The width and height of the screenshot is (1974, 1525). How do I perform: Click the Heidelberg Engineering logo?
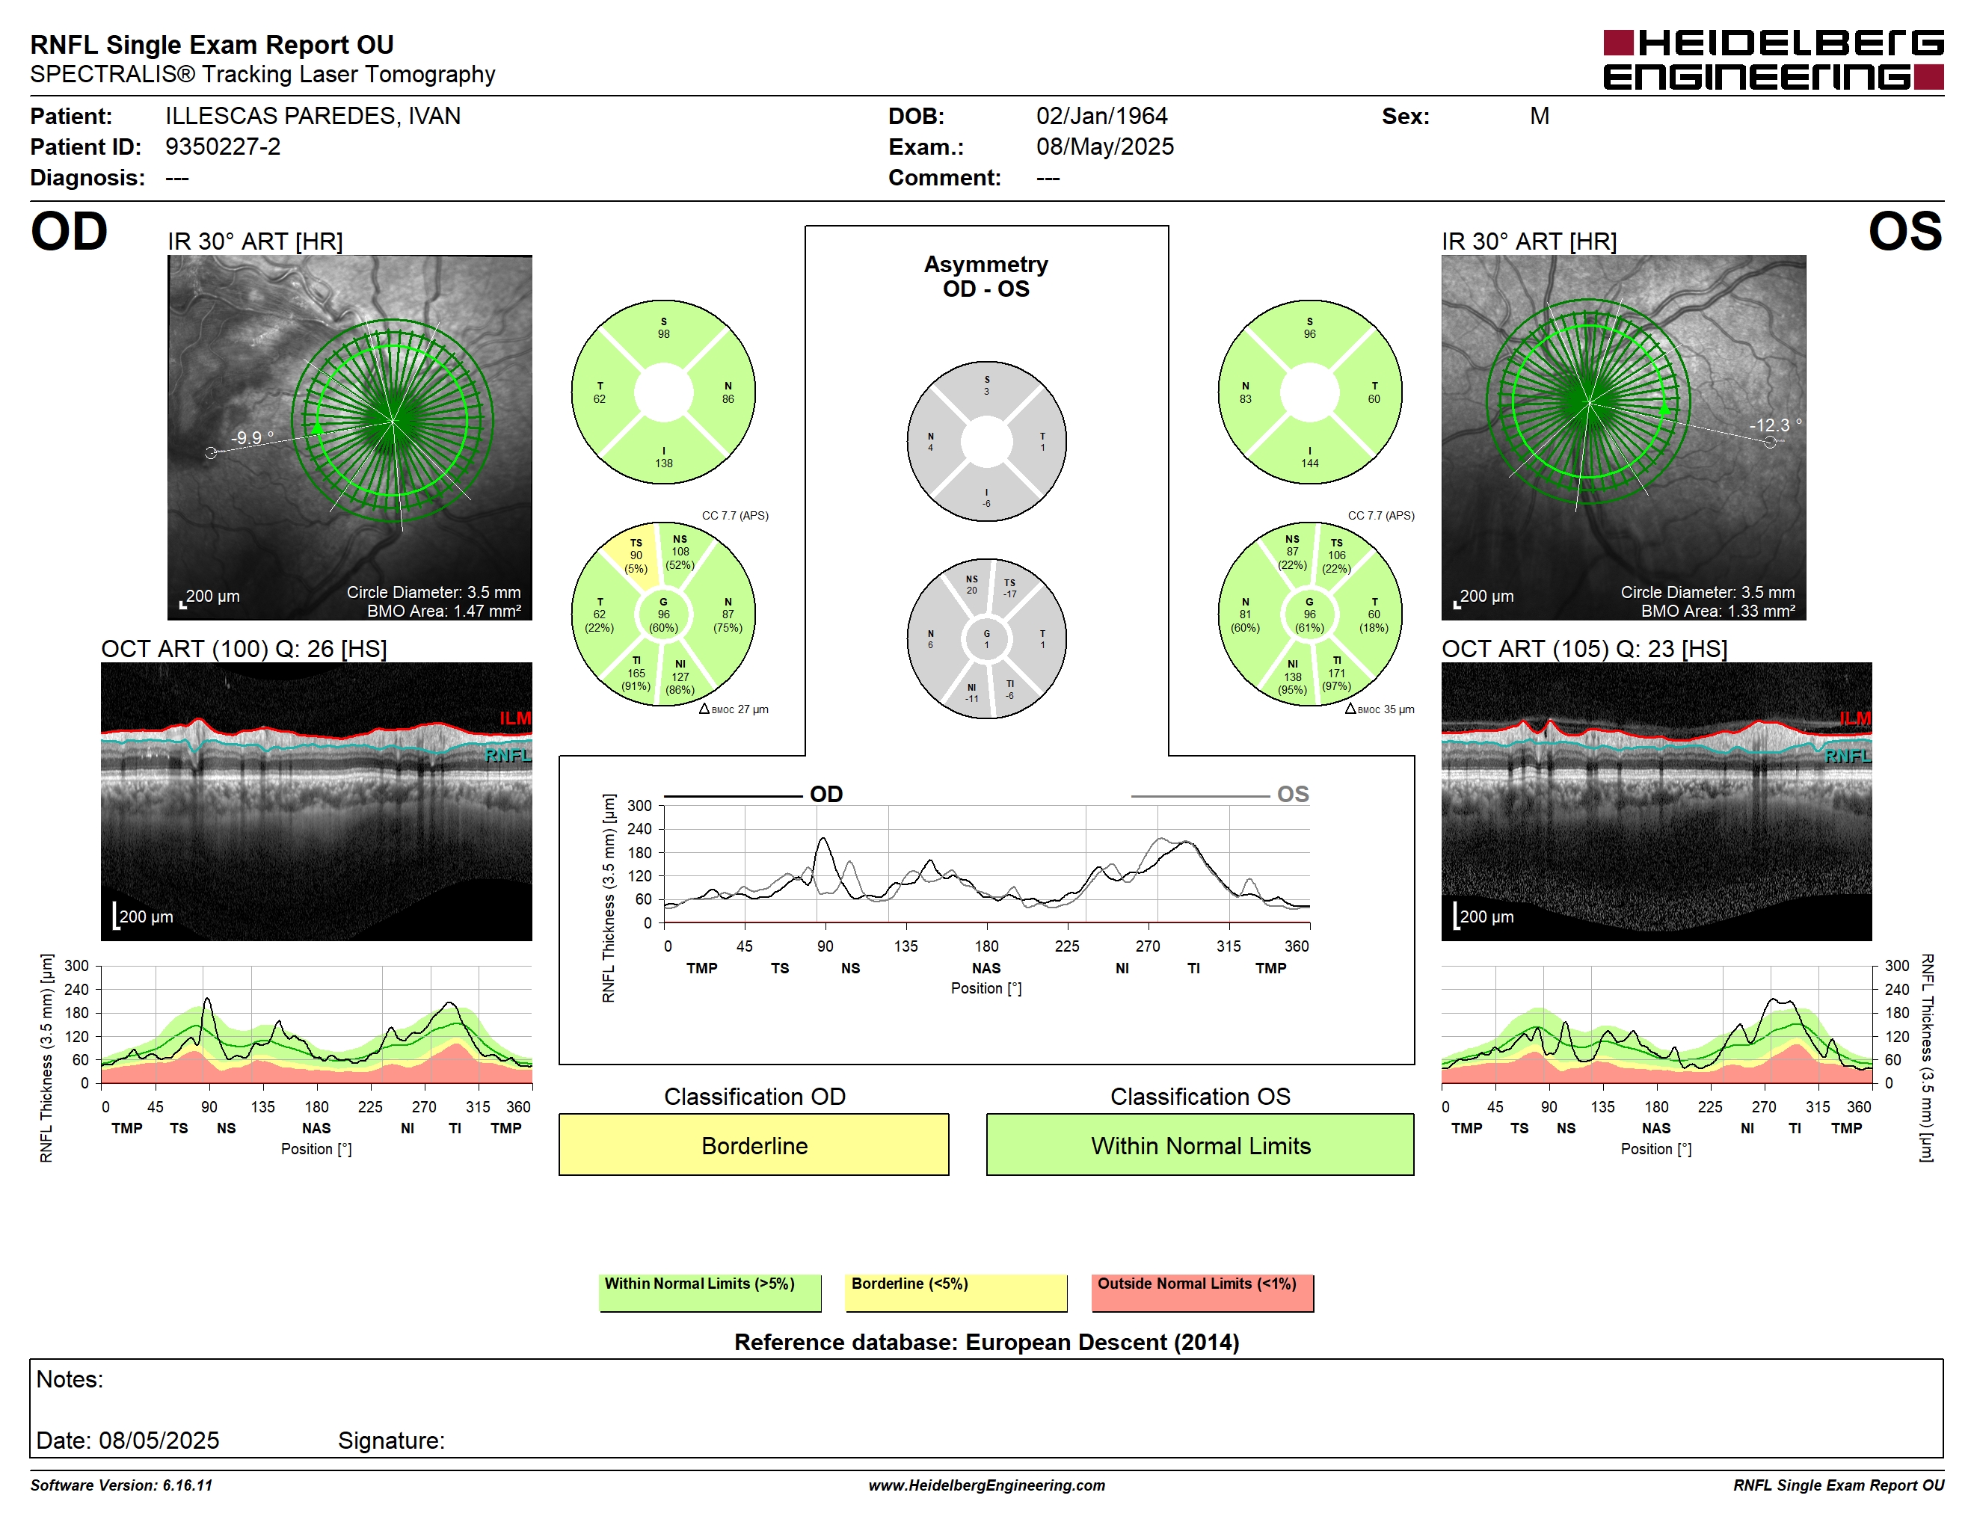(1774, 61)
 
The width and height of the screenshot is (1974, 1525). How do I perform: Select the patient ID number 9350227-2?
(222, 147)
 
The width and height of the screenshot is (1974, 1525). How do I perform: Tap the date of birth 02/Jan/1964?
(1102, 116)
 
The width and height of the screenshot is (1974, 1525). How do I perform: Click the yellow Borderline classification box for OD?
(754, 1144)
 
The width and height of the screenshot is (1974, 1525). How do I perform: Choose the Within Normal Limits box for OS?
(1200, 1144)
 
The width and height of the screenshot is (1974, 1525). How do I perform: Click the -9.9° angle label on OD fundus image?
(252, 437)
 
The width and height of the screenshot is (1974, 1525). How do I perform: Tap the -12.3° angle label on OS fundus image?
(1775, 425)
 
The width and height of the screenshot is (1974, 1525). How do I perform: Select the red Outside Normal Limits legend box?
(1202, 1292)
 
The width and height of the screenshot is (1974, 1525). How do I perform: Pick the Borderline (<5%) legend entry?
(956, 1292)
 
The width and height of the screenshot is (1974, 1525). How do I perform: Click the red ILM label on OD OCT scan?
(515, 718)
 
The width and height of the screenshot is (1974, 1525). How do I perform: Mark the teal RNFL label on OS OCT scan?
(1848, 755)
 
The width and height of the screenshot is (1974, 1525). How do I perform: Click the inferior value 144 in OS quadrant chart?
(1310, 463)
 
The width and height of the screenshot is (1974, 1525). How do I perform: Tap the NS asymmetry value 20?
(971, 591)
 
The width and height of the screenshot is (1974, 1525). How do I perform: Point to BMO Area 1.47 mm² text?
(444, 611)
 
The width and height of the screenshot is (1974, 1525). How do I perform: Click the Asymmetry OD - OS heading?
(986, 277)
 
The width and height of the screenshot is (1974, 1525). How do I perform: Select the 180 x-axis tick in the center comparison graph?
(986, 946)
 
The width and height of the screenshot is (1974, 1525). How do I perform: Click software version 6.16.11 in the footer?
(121, 1485)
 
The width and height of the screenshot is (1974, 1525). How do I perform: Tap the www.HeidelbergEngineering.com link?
(987, 1485)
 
